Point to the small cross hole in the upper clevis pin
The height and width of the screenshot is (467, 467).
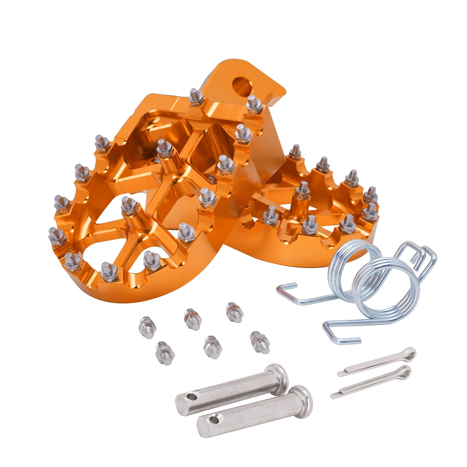(x=191, y=397)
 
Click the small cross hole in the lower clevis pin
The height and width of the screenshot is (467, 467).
(x=214, y=420)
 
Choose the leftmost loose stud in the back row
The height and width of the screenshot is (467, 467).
(x=147, y=327)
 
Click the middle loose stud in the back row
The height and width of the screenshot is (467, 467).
(x=192, y=319)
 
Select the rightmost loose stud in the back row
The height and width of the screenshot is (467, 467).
(x=234, y=312)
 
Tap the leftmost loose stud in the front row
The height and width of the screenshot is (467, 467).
(x=165, y=352)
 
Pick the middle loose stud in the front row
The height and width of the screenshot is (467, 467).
(x=212, y=347)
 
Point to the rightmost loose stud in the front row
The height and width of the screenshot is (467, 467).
(x=260, y=342)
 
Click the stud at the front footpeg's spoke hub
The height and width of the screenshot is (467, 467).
(x=129, y=206)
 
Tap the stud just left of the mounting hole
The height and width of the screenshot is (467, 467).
(x=197, y=97)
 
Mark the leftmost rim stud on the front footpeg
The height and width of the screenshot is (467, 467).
(x=57, y=236)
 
